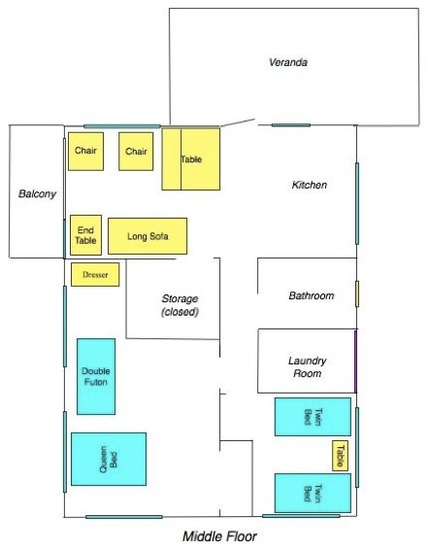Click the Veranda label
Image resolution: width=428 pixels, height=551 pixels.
[288, 62]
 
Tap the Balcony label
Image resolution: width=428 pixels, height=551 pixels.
[37, 193]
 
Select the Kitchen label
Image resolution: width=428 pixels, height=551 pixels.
[309, 185]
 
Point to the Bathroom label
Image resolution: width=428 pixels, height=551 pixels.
[312, 295]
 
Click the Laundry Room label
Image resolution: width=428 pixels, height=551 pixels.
[308, 367]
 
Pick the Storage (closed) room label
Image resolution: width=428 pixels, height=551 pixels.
[180, 305]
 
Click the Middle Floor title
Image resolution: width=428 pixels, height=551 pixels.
[219, 536]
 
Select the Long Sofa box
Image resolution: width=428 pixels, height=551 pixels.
[148, 236]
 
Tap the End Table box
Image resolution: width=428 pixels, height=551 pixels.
[86, 235]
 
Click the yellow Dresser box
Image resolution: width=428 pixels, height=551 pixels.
[95, 274]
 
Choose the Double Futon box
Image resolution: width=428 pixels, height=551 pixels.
[96, 376]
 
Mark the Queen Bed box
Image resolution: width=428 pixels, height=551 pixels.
[109, 459]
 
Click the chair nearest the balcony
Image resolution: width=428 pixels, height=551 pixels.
[86, 152]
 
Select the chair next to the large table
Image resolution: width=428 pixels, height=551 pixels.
[136, 152]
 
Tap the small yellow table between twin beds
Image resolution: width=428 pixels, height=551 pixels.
[340, 456]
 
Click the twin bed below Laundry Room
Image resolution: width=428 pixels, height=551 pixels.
[313, 417]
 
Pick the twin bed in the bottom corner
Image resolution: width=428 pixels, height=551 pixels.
[313, 493]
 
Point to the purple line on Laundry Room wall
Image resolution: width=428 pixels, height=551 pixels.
[355, 362]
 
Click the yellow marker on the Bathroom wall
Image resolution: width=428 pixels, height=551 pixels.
[357, 293]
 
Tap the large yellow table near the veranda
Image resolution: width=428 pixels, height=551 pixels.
[191, 159]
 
